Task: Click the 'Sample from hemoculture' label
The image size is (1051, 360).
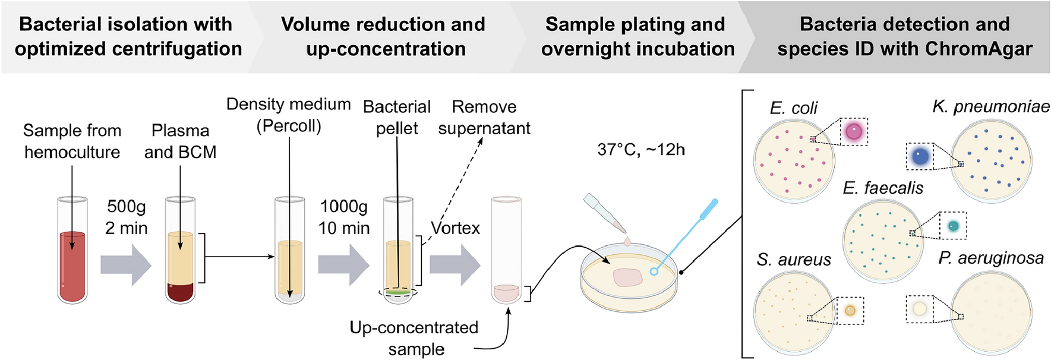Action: [x=72, y=141]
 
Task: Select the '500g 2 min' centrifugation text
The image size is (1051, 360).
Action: [x=126, y=217]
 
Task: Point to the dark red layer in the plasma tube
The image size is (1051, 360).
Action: [x=180, y=292]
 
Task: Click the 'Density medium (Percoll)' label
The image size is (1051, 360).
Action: [x=289, y=115]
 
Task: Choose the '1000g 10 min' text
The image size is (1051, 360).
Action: [x=344, y=217]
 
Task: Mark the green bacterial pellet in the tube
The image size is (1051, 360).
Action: [x=398, y=292]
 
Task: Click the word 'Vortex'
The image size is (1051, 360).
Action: [x=455, y=228]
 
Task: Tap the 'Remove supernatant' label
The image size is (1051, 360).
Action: [x=484, y=118]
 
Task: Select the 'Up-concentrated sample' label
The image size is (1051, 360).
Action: [x=415, y=338]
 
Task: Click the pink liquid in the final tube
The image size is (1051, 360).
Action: [x=506, y=293]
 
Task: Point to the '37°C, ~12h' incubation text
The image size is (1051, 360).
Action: [x=641, y=150]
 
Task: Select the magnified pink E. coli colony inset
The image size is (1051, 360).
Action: [x=854, y=131]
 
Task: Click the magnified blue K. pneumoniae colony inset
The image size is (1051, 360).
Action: [x=920, y=157]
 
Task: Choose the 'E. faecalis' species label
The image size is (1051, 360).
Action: [x=883, y=188]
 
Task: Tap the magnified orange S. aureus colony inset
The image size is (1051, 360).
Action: [x=850, y=311]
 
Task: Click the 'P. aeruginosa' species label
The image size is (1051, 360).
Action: [x=991, y=258]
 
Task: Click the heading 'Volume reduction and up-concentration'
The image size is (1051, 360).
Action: [x=384, y=36]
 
